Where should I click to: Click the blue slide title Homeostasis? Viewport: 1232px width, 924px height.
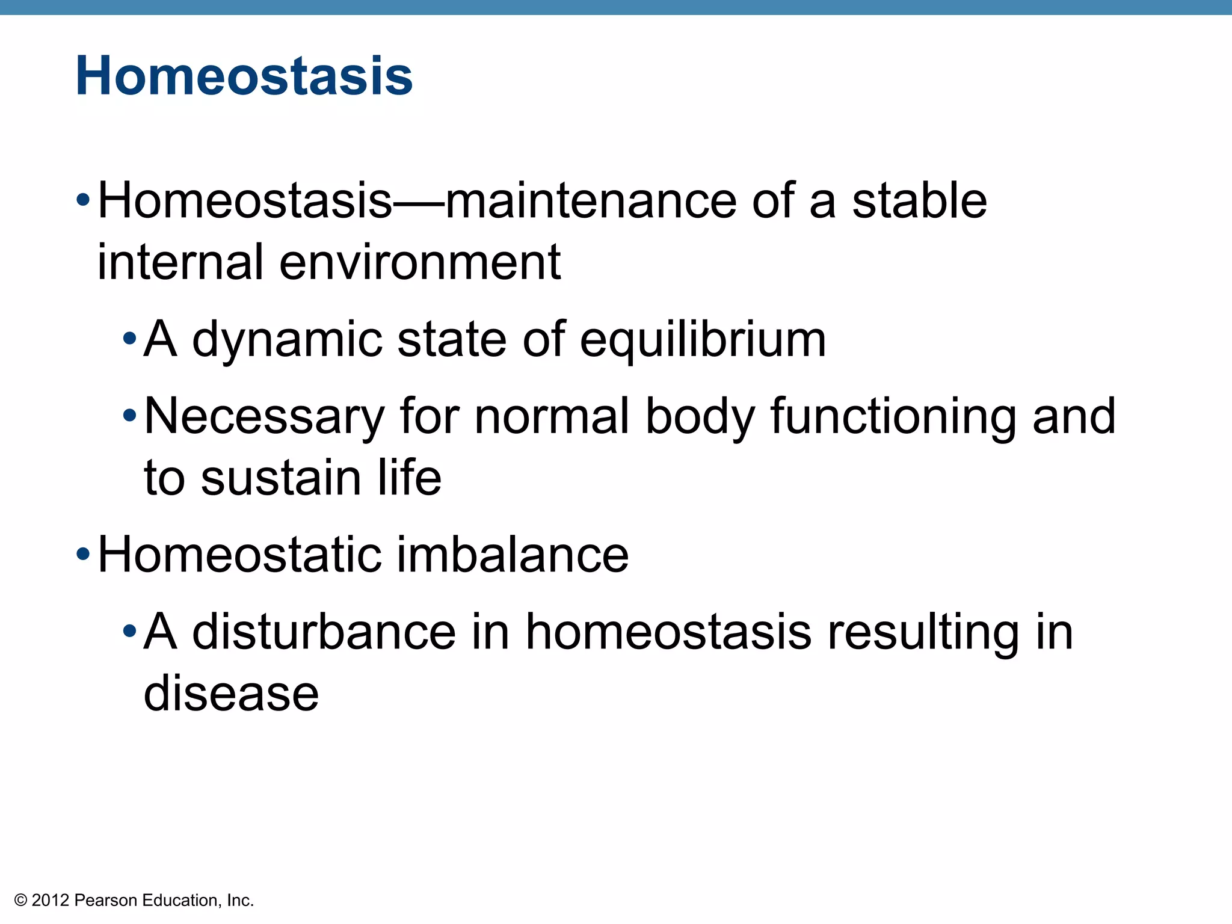244,76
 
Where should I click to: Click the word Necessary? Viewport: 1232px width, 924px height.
264,417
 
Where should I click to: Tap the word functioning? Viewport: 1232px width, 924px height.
894,417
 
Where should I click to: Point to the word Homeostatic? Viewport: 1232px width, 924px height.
239,555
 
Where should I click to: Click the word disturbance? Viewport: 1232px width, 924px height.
324,632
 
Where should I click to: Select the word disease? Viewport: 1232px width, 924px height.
231,694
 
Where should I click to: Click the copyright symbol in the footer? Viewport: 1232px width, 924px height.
21,901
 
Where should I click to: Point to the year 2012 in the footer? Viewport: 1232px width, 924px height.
51,901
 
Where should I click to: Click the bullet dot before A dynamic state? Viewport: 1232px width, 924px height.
129,339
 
